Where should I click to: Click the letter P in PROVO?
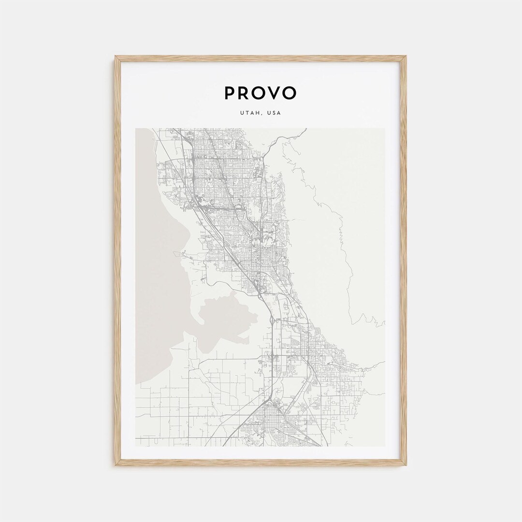click(x=230, y=93)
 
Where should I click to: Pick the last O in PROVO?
click(x=290, y=93)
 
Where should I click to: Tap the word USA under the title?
click(x=274, y=113)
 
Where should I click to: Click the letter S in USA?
click(x=274, y=113)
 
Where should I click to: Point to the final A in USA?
click(x=279, y=113)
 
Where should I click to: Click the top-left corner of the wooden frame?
click(x=116, y=57)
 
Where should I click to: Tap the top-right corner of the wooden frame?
click(x=406, y=57)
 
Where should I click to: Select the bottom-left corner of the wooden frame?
click(x=116, y=464)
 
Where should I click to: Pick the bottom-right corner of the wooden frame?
click(x=406, y=464)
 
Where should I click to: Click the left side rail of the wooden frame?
click(x=117, y=261)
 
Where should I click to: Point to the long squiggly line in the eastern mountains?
click(x=338, y=232)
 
